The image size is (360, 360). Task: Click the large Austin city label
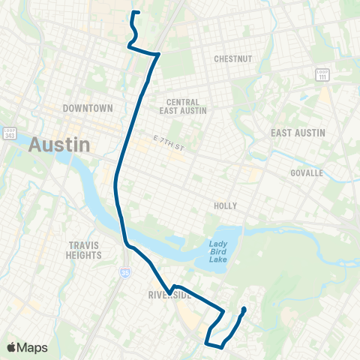click(59, 144)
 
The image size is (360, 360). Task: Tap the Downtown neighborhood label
click(88, 108)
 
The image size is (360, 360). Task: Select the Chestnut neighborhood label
click(232, 58)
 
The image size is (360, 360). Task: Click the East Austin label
click(298, 133)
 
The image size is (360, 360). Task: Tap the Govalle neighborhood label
click(305, 172)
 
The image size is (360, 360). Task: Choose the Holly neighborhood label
click(225, 204)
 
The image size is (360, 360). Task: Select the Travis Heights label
click(84, 250)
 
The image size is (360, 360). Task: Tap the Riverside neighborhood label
click(170, 295)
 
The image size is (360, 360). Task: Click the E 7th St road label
click(168, 140)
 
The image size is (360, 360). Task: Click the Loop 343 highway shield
click(9, 133)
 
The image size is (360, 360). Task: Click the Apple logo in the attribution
click(11, 347)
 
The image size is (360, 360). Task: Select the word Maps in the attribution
click(33, 347)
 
